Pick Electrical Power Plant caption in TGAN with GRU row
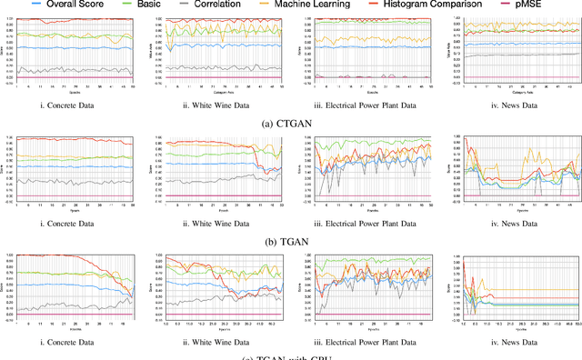click(x=365, y=340)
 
